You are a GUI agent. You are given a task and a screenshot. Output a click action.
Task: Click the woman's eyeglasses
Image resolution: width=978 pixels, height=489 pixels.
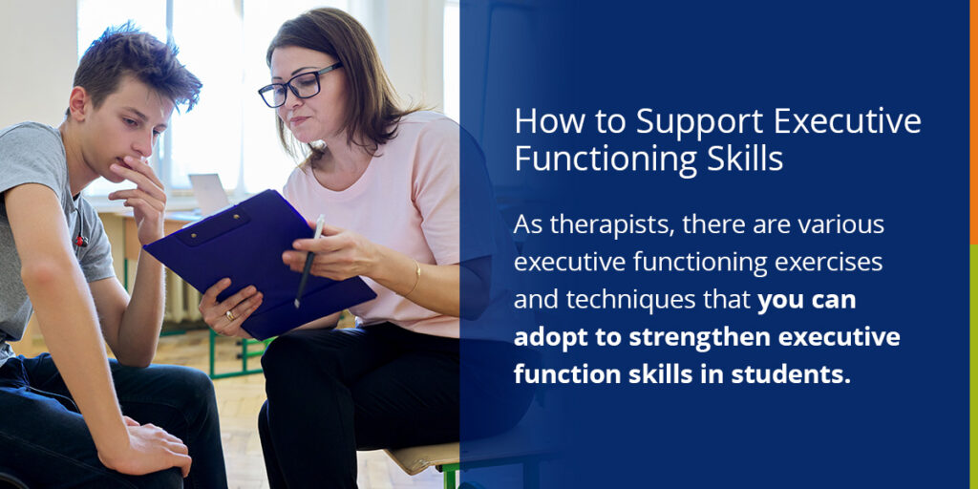299,85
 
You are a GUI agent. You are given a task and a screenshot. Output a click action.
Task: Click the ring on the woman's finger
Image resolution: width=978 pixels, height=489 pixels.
229,315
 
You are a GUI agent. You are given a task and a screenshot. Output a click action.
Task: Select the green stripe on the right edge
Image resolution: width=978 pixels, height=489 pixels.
973,363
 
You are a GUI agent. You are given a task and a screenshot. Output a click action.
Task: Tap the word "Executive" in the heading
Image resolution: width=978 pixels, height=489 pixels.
848,122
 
